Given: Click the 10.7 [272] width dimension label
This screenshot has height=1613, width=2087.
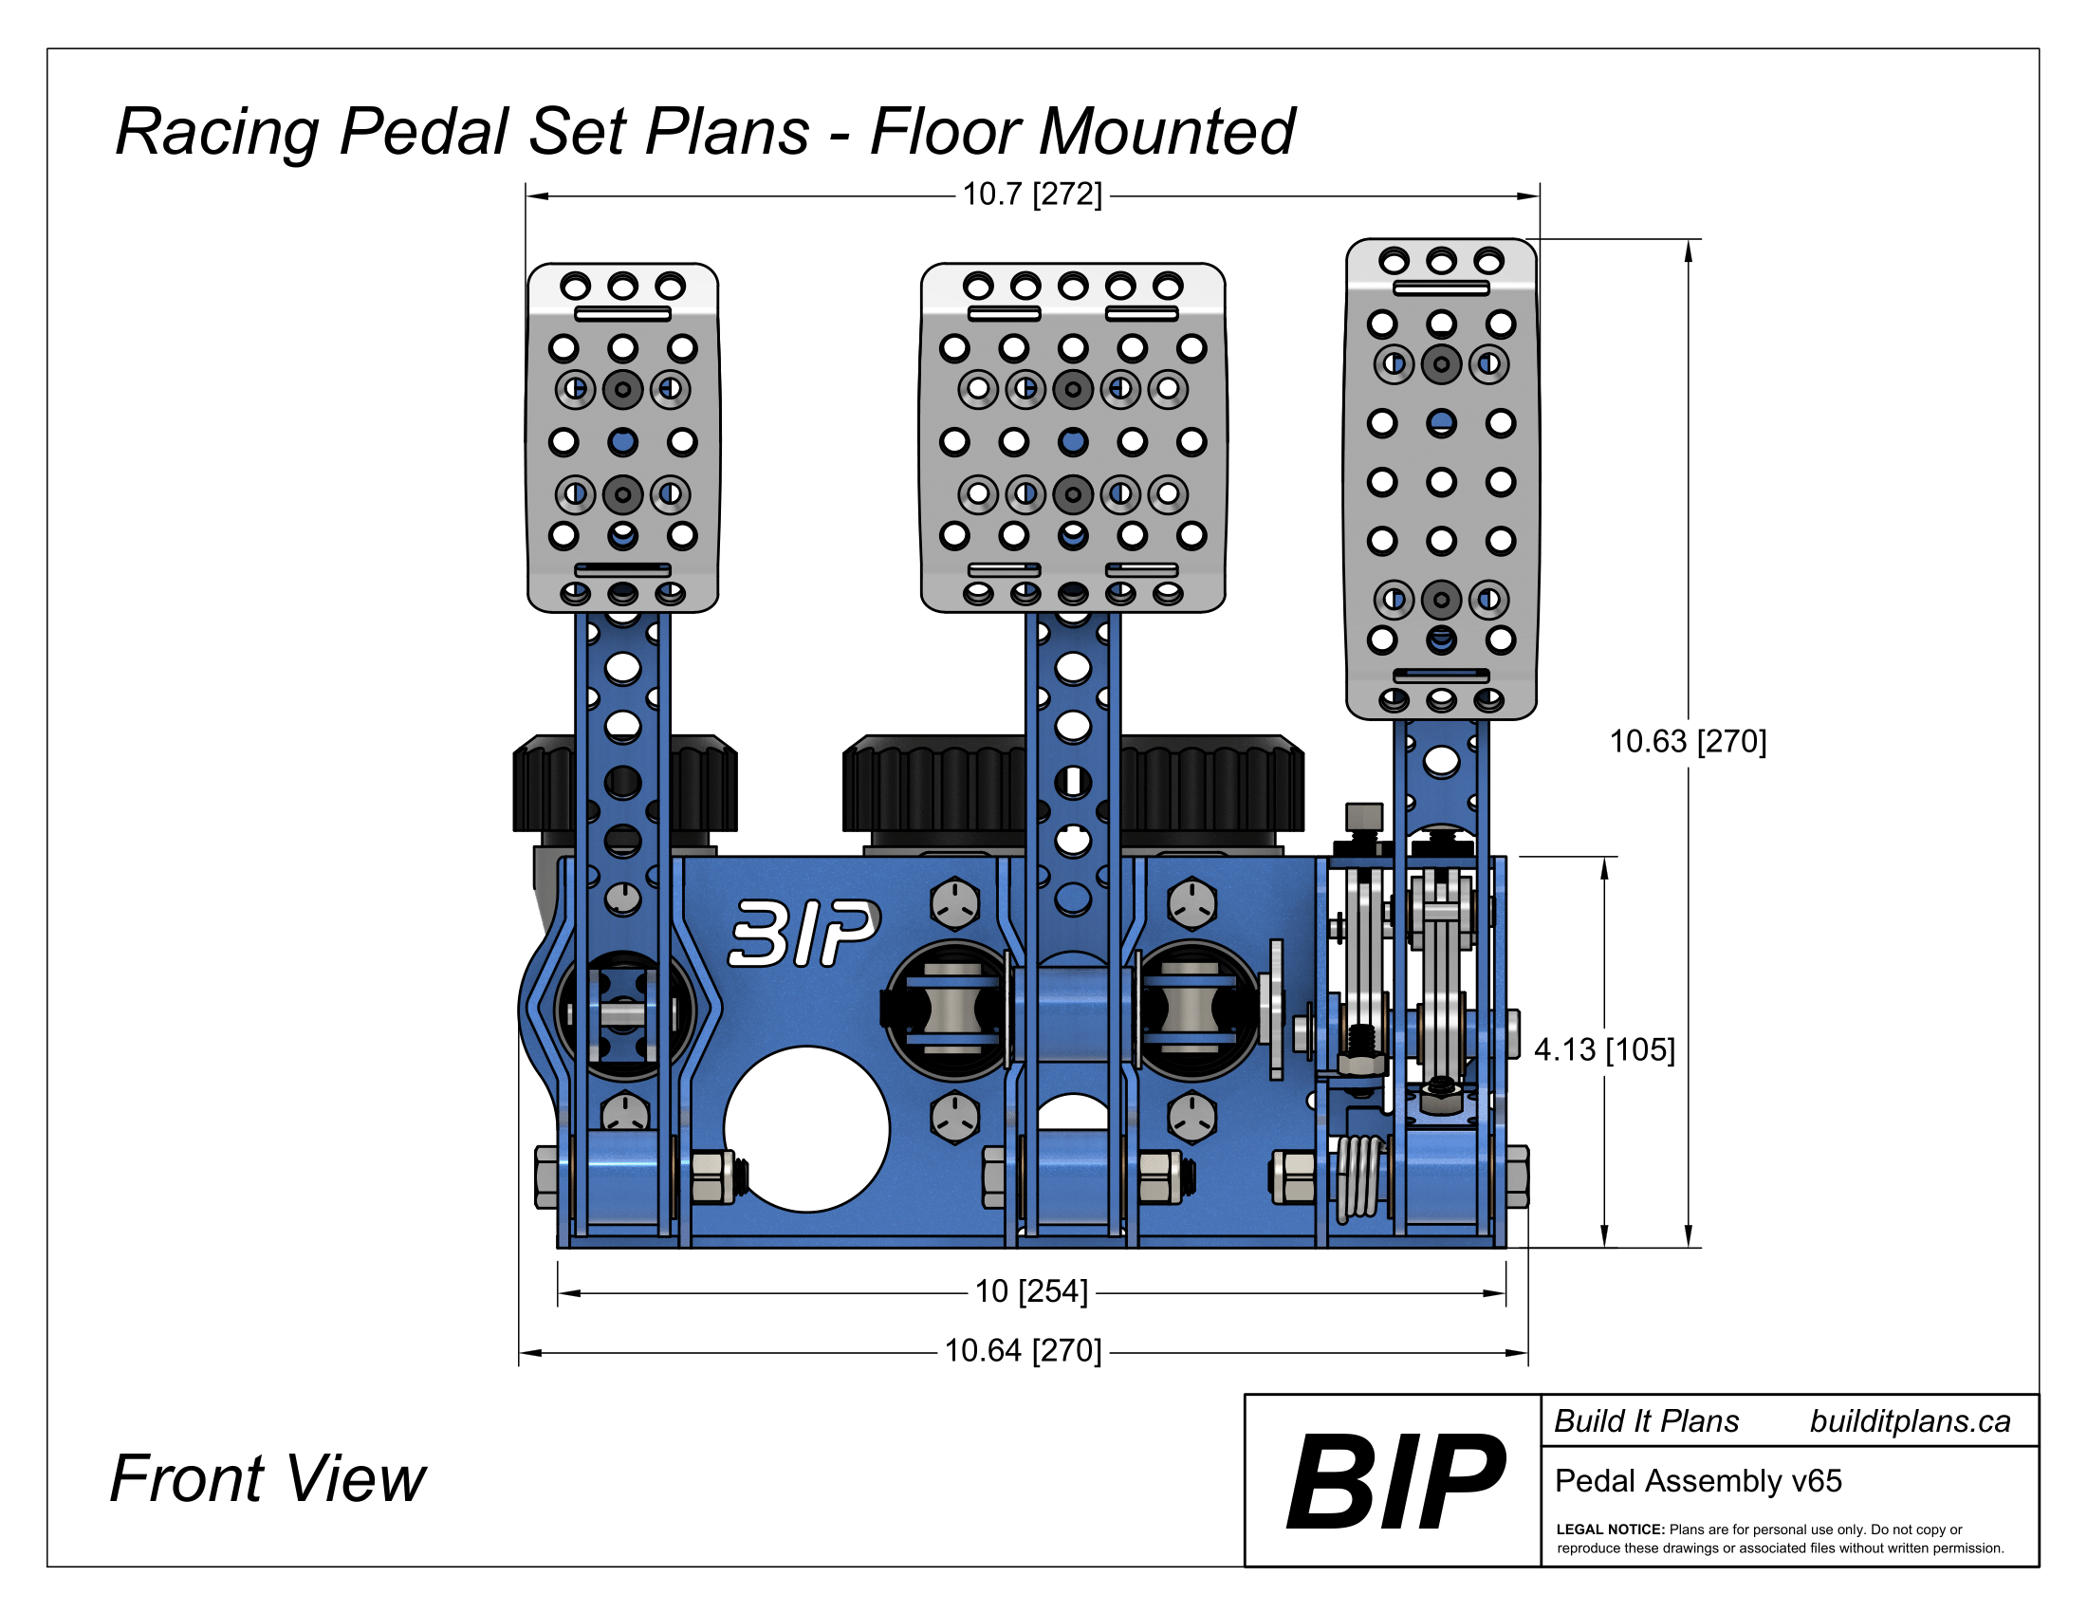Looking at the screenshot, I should pyautogui.click(x=1032, y=195).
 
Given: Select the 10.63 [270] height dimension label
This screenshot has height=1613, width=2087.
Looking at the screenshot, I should pyautogui.click(x=1688, y=742).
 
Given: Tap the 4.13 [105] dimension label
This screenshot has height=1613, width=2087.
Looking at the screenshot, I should pyautogui.click(x=1604, y=1050).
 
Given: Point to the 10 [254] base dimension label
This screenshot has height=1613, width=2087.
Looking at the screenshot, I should pyautogui.click(x=1031, y=1292).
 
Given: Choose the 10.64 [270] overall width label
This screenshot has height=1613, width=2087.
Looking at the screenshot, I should pyautogui.click(x=1023, y=1351).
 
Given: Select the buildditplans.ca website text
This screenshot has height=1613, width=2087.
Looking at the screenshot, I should pyautogui.click(x=1910, y=1422).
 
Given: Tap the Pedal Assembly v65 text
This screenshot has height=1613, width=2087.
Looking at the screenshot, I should pyautogui.click(x=1698, y=1481).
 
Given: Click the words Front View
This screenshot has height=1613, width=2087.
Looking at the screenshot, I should pyautogui.click(x=268, y=1479).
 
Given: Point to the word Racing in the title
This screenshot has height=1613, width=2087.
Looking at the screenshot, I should pyautogui.click(x=217, y=132).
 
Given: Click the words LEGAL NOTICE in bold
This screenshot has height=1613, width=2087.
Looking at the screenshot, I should pyautogui.click(x=1610, y=1530).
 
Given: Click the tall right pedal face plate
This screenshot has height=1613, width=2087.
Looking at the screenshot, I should pyautogui.click(x=1441, y=478).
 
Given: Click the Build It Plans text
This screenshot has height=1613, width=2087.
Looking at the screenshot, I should pyautogui.click(x=1647, y=1422).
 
